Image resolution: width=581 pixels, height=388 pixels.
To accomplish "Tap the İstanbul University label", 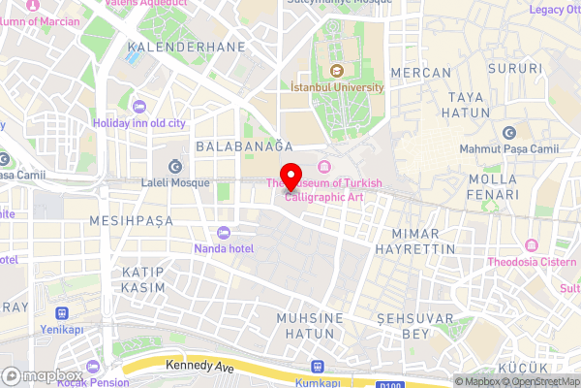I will [337, 86].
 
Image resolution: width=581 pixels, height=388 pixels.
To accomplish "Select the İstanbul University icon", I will [337, 70].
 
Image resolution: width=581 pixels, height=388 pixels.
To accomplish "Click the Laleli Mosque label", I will [175, 182].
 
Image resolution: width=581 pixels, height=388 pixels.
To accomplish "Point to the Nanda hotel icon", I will [225, 233].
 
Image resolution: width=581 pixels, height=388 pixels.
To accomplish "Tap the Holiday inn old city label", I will [138, 123].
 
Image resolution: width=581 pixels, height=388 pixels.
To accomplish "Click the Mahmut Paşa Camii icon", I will [509, 133].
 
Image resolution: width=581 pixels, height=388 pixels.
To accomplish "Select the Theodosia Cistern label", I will [531, 261].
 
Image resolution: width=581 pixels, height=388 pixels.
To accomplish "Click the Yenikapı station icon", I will [63, 313].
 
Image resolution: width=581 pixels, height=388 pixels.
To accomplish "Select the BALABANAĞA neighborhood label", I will [244, 145].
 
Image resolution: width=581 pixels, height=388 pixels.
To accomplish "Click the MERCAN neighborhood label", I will [419, 73].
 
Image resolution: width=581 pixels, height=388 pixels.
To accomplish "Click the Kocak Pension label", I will [93, 382].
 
